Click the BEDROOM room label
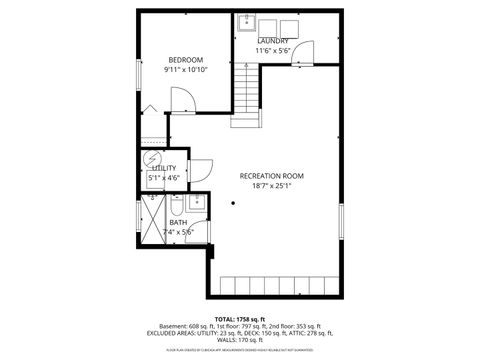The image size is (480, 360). click(x=185, y=59)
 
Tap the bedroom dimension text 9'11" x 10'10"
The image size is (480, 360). click(x=185, y=70)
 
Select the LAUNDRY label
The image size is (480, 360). click(x=272, y=41)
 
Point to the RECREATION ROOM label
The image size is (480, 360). click(x=271, y=176)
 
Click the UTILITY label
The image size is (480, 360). click(x=164, y=169)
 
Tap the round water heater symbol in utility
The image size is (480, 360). click(x=152, y=158)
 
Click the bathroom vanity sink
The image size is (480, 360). click(x=195, y=204)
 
